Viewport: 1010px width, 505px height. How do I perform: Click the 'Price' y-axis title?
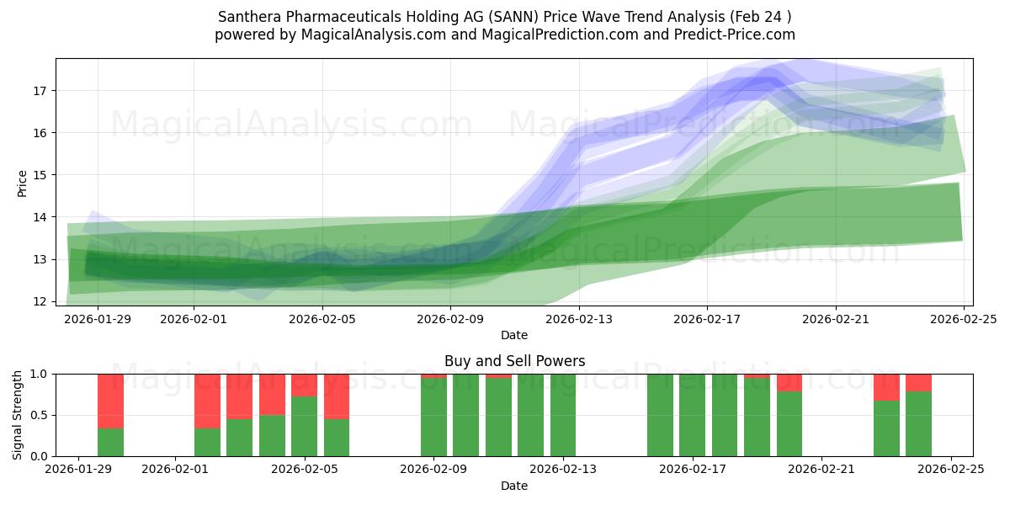23,183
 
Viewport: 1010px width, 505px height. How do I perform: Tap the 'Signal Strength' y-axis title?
19,415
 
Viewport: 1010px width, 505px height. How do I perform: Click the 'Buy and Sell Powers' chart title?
514,361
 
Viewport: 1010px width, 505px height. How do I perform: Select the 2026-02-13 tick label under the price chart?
579,319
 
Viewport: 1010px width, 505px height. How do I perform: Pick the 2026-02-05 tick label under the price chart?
322,319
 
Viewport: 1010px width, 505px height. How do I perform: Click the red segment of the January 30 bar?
110,401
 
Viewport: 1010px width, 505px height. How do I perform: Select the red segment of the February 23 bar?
886,386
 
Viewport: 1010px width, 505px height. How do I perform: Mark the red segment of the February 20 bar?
789,382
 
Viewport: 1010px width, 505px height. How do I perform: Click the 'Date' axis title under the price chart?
514,335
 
